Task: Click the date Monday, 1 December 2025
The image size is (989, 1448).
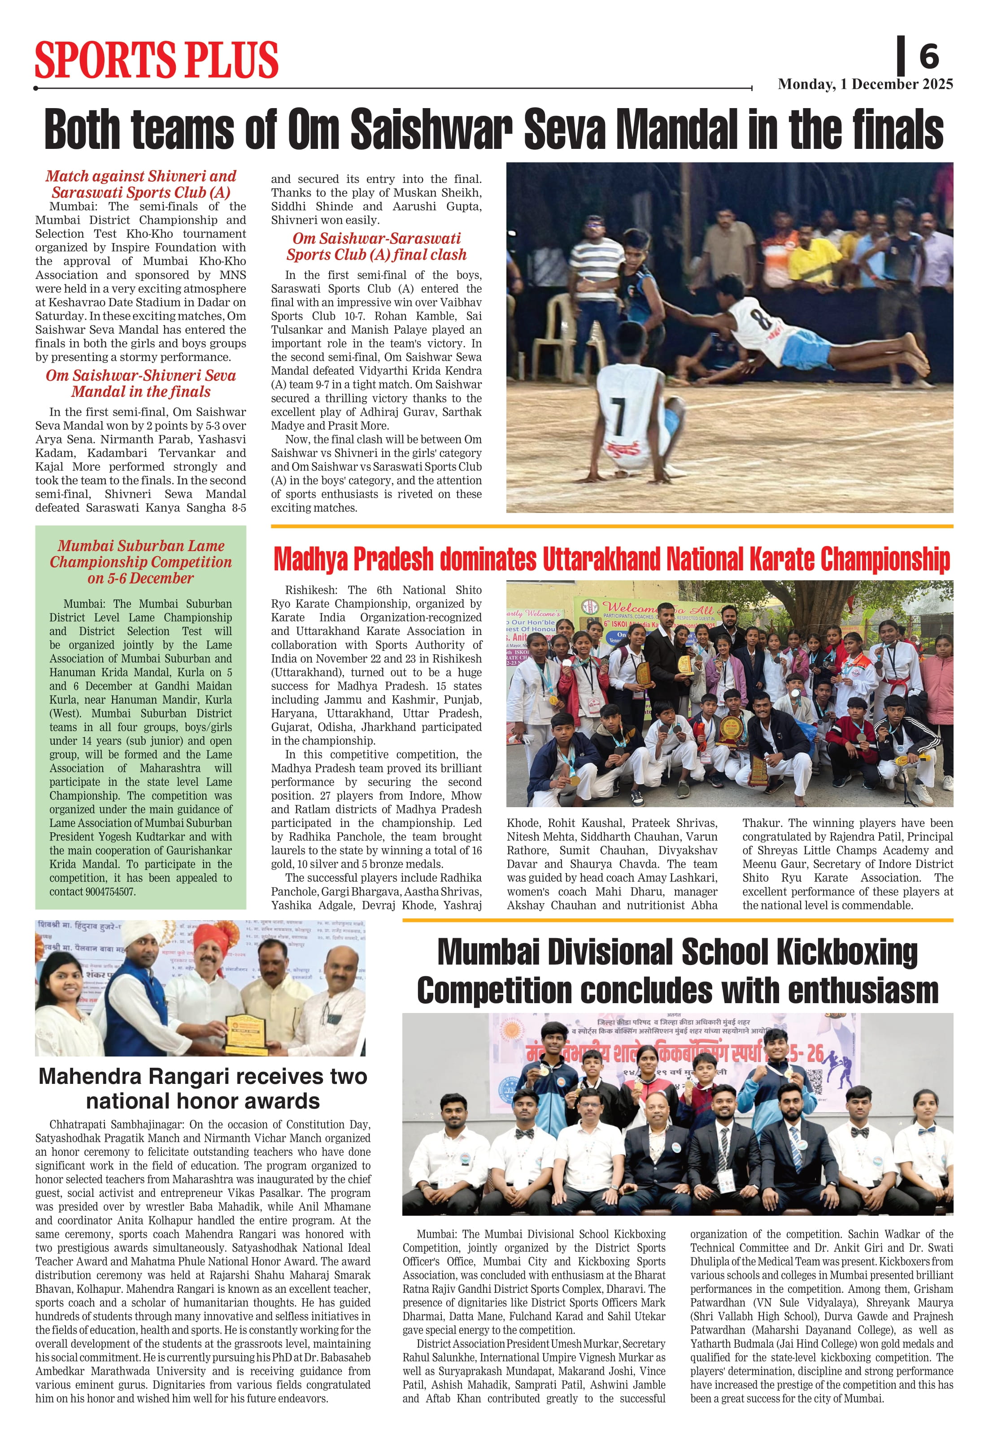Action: (x=865, y=84)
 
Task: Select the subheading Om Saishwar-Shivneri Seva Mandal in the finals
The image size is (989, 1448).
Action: (x=141, y=383)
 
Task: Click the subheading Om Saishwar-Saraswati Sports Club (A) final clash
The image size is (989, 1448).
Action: (x=376, y=246)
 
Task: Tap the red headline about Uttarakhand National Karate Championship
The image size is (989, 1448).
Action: (x=611, y=559)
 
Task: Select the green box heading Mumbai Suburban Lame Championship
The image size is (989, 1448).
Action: (x=141, y=561)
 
